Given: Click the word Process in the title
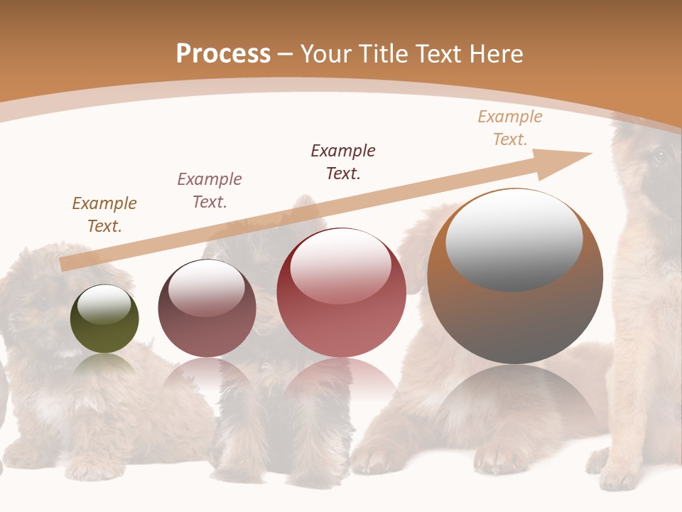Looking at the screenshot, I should coord(223,54).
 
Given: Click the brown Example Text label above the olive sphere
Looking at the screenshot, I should coord(104,215).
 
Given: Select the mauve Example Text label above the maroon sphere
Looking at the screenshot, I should coord(210,191).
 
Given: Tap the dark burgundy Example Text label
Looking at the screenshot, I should coord(343,161).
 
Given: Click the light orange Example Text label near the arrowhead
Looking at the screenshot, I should coord(510,128).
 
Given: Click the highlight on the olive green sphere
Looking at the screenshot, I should coord(104,304).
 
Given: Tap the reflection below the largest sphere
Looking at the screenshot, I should coord(515,398).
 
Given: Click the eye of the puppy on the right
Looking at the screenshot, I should coord(659,156).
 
